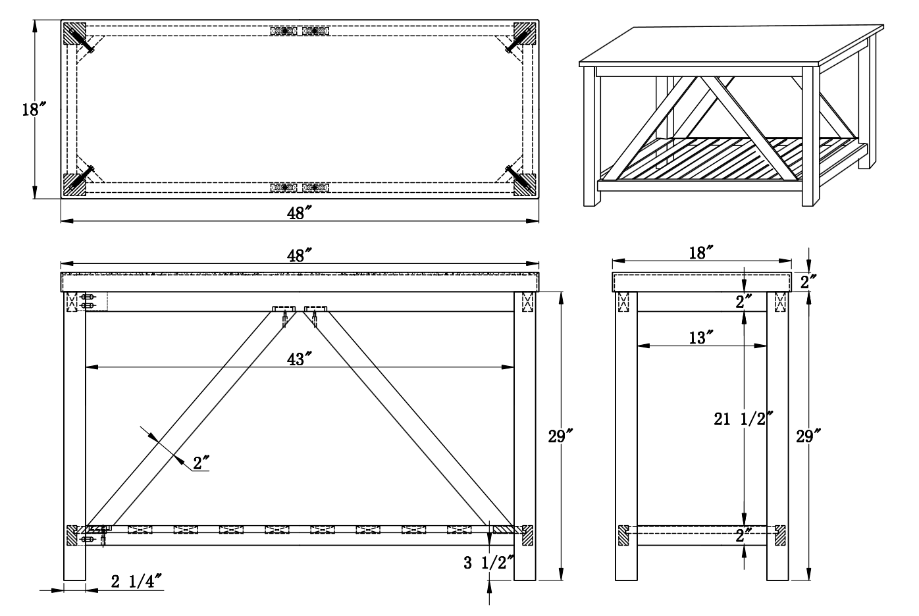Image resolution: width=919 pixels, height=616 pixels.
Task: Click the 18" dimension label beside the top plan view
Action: tap(34, 109)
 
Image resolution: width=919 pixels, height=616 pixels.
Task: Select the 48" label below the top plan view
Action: tap(300, 213)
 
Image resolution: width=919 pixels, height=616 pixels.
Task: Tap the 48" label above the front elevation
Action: tap(300, 255)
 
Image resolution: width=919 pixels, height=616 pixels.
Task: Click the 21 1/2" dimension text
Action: tap(743, 419)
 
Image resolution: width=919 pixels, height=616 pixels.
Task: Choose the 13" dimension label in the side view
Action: tap(700, 338)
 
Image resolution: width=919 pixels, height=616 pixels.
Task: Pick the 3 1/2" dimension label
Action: tap(488, 563)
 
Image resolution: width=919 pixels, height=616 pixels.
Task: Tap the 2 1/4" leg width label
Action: tap(136, 581)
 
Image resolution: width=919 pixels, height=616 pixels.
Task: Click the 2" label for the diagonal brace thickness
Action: tap(201, 463)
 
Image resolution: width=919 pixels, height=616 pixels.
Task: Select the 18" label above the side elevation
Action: tap(702, 253)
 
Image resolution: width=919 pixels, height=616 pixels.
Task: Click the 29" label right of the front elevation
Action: tap(560, 436)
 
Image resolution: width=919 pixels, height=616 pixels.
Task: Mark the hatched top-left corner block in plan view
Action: tap(74, 33)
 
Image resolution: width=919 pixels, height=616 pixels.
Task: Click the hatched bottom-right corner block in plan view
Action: tap(525, 185)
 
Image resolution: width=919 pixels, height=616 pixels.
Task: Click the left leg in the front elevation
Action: tap(74, 436)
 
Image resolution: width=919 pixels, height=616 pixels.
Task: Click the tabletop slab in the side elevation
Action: tap(702, 282)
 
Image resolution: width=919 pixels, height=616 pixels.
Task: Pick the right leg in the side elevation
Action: tap(777, 436)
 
